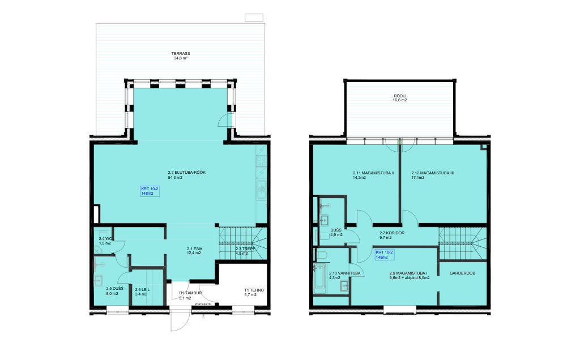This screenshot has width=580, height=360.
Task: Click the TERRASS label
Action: [181, 54]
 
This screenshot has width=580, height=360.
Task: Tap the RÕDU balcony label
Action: [399, 96]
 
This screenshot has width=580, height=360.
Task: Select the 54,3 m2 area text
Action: [176, 177]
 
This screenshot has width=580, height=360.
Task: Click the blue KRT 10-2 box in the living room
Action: [150, 191]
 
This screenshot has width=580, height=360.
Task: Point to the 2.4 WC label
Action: [105, 239]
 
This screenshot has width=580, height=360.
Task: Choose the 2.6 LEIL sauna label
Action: [142, 290]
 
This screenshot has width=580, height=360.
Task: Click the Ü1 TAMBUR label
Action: [190, 293]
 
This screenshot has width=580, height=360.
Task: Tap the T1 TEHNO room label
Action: [254, 290]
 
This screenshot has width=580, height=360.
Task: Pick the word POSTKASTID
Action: [203, 304]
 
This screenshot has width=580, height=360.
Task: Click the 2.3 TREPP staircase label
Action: [245, 248]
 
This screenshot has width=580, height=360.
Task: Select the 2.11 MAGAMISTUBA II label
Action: [374, 173]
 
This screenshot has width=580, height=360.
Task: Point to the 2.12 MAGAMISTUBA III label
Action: [432, 173]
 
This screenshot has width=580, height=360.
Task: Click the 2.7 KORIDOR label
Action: [392, 233]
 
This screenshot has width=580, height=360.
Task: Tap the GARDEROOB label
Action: [462, 273]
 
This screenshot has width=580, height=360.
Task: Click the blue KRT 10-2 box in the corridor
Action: [385, 255]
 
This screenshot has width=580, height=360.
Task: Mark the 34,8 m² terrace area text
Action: [181, 58]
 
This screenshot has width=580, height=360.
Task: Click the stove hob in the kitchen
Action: [262, 161]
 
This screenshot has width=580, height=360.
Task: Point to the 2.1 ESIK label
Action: [195, 248]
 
